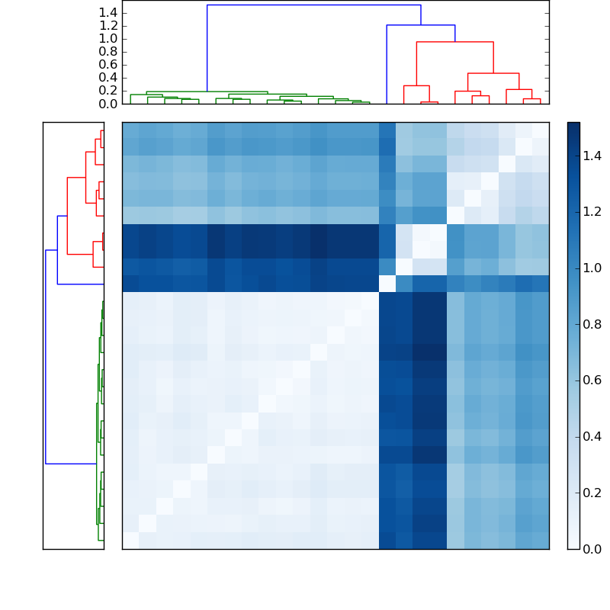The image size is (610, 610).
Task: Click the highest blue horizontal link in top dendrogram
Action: [313, 5]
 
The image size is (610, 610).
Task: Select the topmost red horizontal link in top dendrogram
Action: [454, 42]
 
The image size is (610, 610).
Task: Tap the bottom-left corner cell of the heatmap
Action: [130, 540]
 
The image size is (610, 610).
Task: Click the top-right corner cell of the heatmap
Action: [541, 130]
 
